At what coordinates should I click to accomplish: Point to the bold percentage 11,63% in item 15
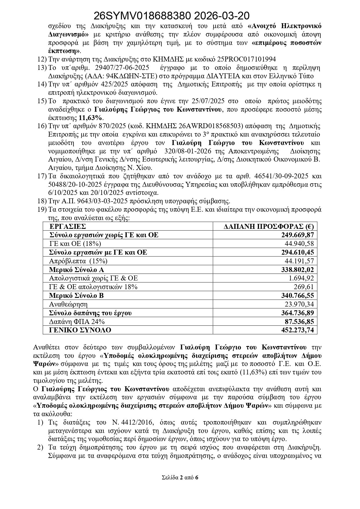91,118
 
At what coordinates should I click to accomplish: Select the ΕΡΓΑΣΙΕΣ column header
68,227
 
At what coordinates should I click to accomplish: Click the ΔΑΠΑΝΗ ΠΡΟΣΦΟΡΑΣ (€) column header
269,227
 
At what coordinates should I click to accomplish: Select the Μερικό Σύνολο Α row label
77,270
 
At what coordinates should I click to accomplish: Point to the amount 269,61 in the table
304,287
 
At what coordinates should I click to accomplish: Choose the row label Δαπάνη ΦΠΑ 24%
77,322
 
